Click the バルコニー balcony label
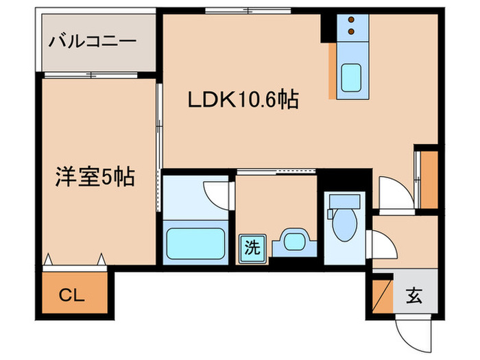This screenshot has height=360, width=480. [92, 41]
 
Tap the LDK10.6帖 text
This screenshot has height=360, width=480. [243, 101]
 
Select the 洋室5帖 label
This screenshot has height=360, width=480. [94, 178]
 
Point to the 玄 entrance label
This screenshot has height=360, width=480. [414, 296]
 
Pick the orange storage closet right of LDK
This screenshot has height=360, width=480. [430, 178]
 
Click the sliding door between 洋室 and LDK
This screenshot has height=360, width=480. [159, 127]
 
